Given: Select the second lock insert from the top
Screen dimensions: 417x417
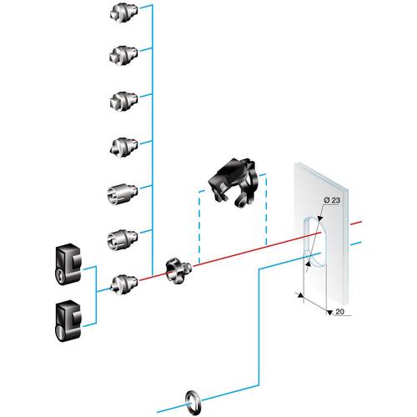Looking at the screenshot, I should tap(122, 55).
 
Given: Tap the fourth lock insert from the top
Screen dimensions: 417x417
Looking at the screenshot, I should tap(122, 147).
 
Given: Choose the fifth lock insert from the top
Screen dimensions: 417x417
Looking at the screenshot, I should tap(122, 193).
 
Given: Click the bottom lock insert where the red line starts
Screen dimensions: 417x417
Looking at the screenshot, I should tap(122, 284).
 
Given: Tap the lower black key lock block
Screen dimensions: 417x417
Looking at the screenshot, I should tap(66, 318).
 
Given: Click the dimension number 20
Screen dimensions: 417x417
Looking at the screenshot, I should tap(339, 311).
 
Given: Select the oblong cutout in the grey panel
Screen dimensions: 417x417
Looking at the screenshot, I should tap(309, 241).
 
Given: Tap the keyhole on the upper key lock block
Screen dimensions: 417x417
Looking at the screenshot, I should tap(59, 274).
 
